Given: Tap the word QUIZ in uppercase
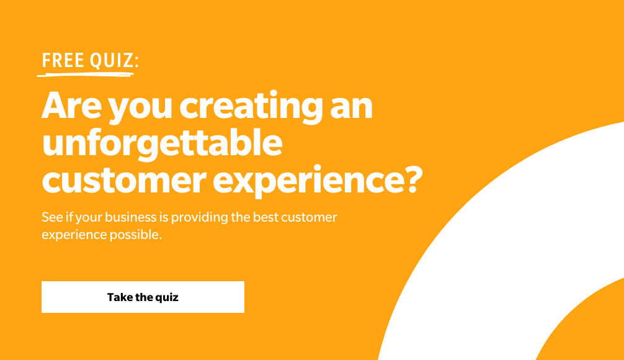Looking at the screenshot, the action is [112, 61].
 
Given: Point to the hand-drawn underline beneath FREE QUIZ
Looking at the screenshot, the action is [85, 74].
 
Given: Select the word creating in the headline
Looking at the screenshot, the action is [251, 106].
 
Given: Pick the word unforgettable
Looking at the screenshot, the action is [162, 143].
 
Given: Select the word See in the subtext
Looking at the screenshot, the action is [52, 217].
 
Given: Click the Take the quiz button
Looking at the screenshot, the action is [143, 297].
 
